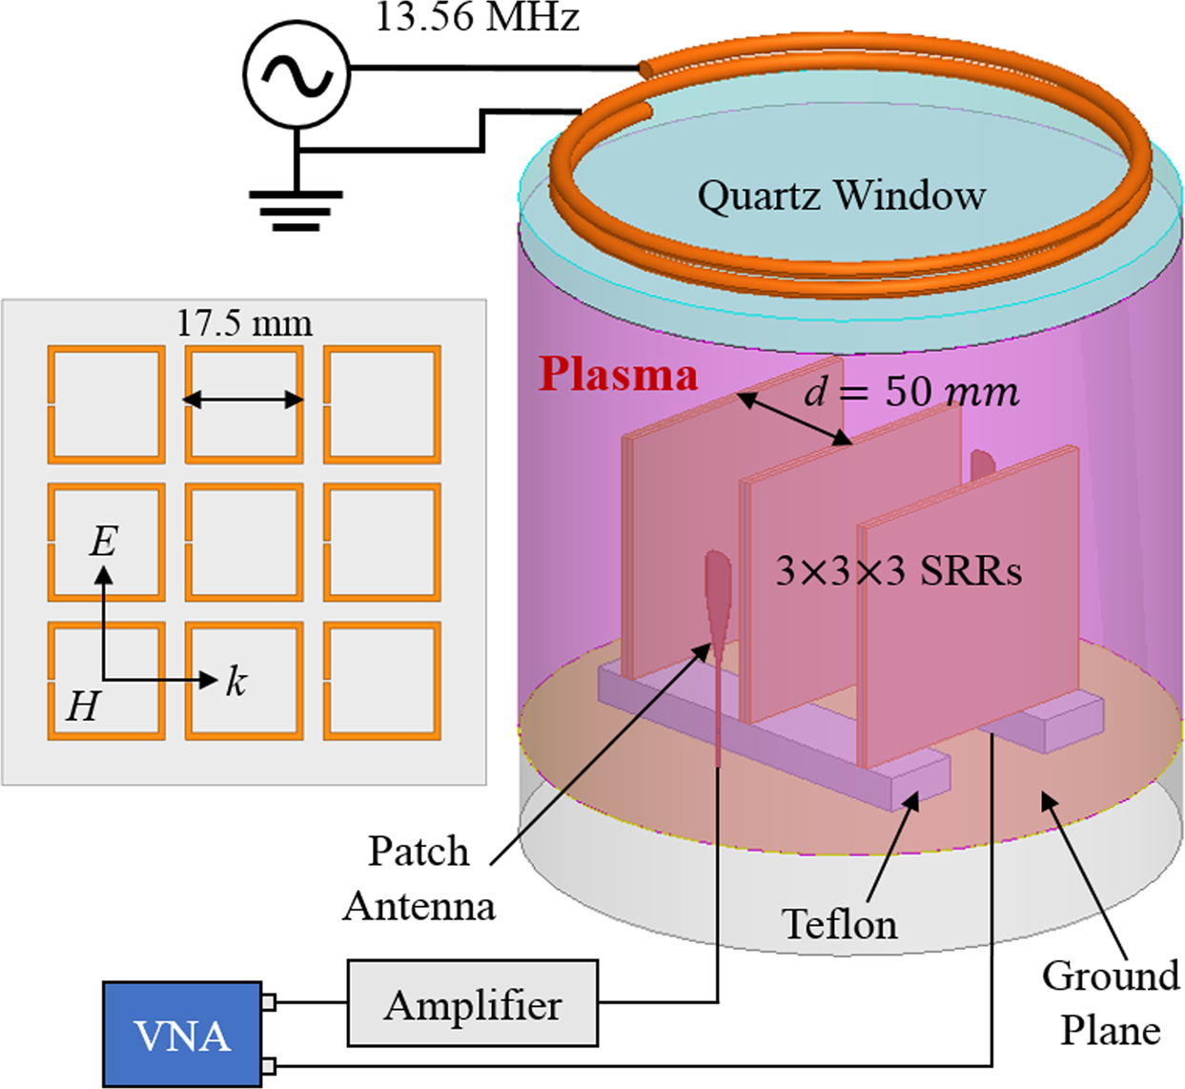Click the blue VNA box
(x=181, y=1035)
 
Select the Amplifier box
(x=473, y=1004)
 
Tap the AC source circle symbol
(x=296, y=74)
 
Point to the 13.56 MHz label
(x=477, y=17)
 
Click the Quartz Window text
(x=841, y=195)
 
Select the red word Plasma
(x=618, y=375)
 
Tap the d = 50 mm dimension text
(x=911, y=392)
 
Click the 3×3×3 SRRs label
(x=898, y=571)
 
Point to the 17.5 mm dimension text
(x=244, y=324)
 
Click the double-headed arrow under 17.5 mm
(x=243, y=400)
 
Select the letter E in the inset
(x=103, y=542)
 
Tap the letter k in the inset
(x=235, y=682)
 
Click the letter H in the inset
(x=83, y=707)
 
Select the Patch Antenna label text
(x=419, y=878)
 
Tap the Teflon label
(x=839, y=924)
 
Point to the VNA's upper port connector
(x=269, y=1002)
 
